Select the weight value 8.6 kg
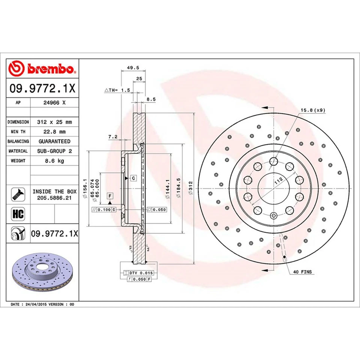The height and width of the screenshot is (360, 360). tap(54, 160)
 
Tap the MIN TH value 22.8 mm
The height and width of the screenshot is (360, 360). tap(54, 132)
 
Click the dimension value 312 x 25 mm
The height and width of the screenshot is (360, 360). tap(54, 122)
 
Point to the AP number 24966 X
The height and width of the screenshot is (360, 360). tap(54, 102)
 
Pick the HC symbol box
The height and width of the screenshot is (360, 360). tap(18, 214)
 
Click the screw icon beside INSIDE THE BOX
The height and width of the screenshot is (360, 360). tap(18, 193)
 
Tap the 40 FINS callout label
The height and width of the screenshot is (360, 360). tap(303, 271)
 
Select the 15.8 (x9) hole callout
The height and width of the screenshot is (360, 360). tap(313, 110)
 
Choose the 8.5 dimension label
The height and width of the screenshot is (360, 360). tap(150, 99)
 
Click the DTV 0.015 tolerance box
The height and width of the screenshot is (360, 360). tap(136, 273)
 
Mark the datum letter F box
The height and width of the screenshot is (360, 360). tap(110, 196)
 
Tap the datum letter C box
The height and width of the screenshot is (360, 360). tap(133, 178)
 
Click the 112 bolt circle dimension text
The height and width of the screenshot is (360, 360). tap(278, 181)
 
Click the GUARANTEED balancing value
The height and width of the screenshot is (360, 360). tap(54, 141)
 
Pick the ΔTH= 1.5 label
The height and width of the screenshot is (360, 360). tap(117, 90)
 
